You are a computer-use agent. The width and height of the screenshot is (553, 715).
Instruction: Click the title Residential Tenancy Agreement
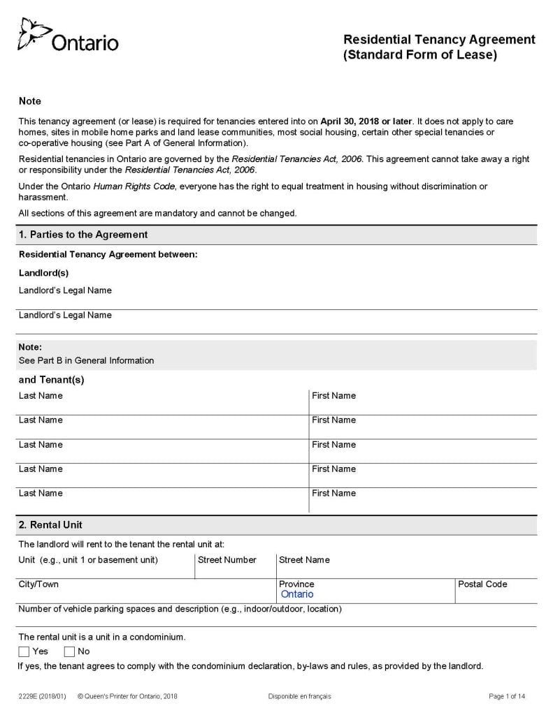pos(439,40)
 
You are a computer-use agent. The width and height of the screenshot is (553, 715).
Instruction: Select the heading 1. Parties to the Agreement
pos(82,235)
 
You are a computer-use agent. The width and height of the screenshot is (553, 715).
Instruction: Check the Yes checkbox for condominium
pos(24,651)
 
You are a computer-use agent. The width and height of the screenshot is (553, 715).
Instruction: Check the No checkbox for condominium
pos(69,651)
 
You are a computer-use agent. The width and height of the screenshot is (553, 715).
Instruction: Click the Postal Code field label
pos(482,584)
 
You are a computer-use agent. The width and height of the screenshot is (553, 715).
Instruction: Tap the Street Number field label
pos(227,560)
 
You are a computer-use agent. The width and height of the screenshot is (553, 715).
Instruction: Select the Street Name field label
pos(304,560)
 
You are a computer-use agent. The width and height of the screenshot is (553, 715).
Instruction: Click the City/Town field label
pos(38,584)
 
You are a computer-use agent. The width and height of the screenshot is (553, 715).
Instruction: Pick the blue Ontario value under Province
pos(297,595)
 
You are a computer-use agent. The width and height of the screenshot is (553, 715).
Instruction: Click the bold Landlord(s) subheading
pos(43,273)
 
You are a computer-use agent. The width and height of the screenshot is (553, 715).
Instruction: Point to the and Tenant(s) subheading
pos(51,381)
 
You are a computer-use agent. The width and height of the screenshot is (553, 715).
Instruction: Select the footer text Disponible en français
pos(299,697)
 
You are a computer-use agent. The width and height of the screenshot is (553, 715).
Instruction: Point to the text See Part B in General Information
pos(86,361)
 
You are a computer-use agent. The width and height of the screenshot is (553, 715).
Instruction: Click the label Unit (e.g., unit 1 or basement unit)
pos(88,560)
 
